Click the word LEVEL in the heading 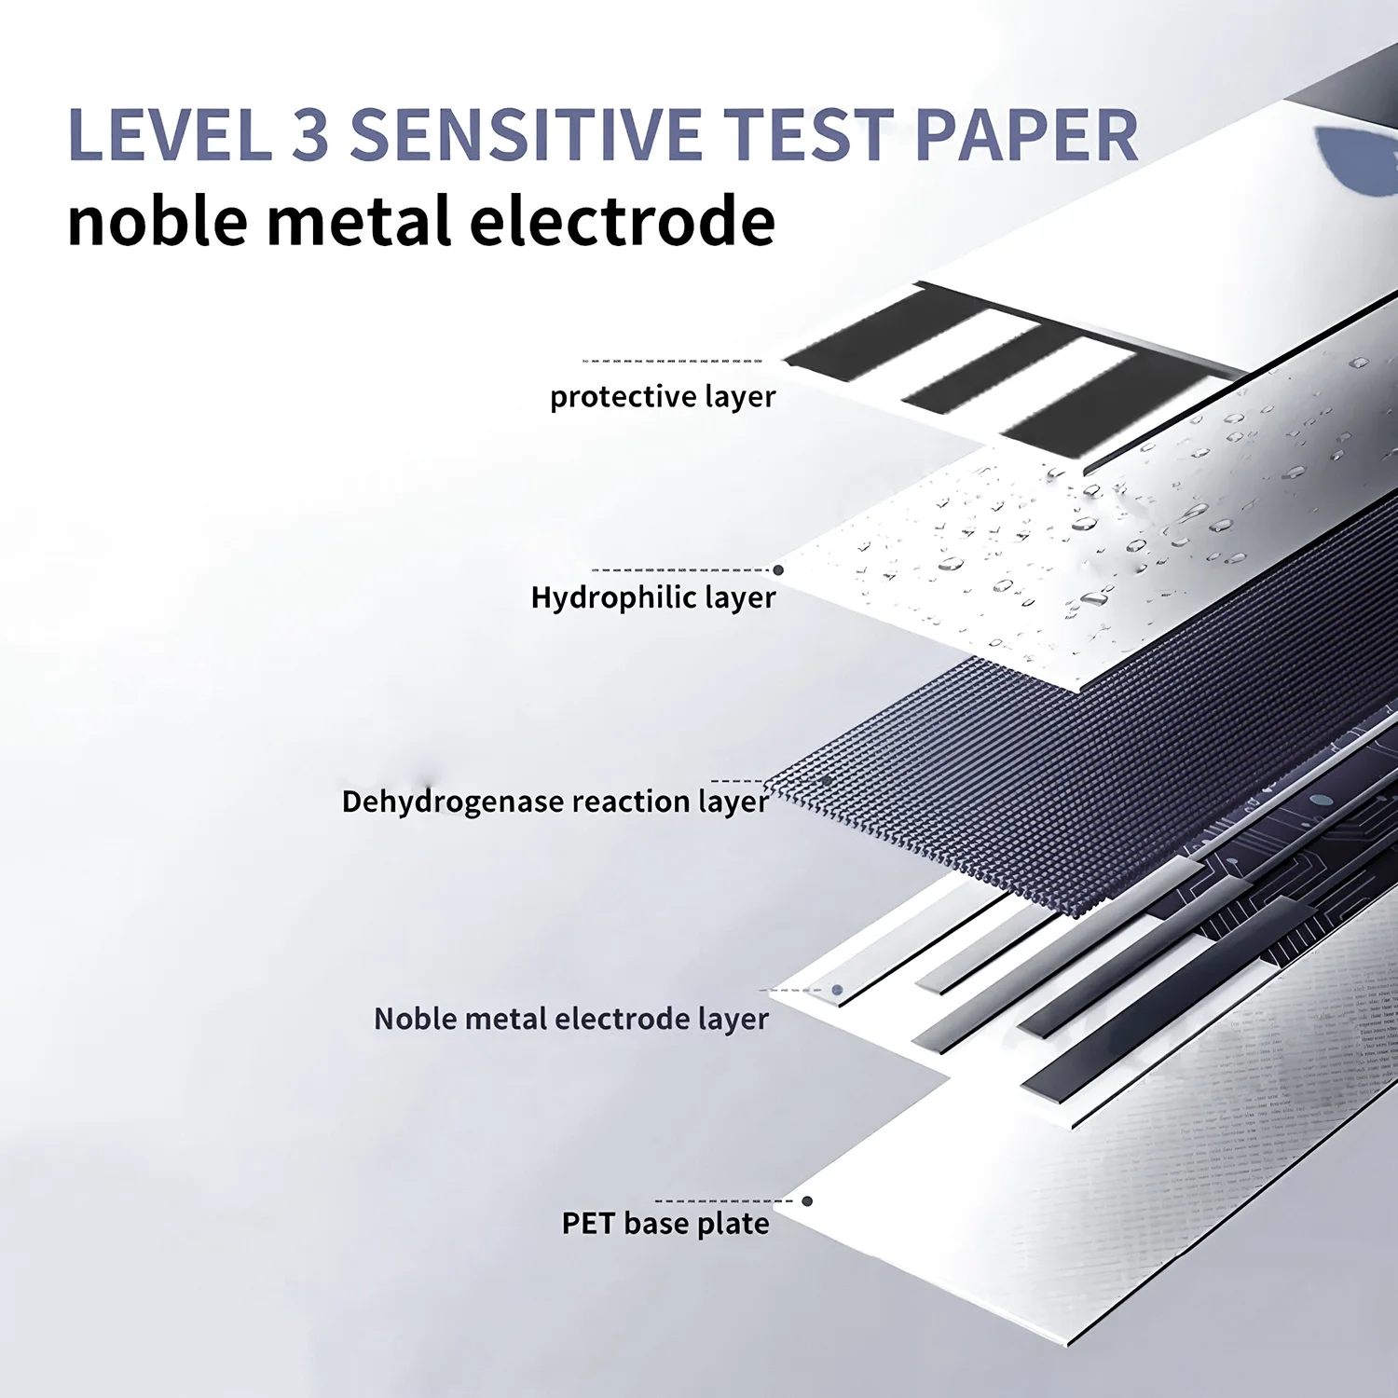pyautogui.click(x=170, y=135)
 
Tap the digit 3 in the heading pyautogui.click(x=311, y=135)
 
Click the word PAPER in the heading pyautogui.click(x=1027, y=135)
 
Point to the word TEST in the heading pyautogui.click(x=809, y=135)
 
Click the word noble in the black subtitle pyautogui.click(x=158, y=222)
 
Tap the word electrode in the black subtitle pyautogui.click(x=622, y=222)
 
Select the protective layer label pyautogui.click(x=663, y=397)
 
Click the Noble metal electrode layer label pyautogui.click(x=571, y=1019)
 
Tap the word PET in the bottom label pyautogui.click(x=588, y=1223)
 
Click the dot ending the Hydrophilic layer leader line pyautogui.click(x=778, y=569)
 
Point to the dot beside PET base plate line pyautogui.click(x=807, y=1201)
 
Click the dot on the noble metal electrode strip pyautogui.click(x=837, y=990)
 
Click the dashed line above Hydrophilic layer pyautogui.click(x=680, y=569)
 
